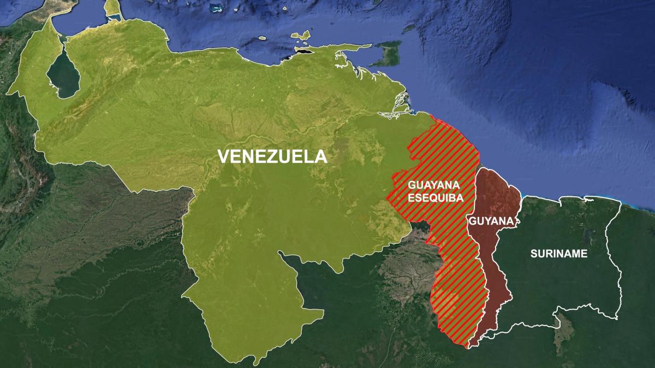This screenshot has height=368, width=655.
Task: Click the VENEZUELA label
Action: pyautogui.click(x=272, y=156)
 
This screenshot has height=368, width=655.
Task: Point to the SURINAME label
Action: pyautogui.click(x=559, y=254)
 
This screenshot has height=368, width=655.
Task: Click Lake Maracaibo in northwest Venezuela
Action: pyautogui.click(x=62, y=76)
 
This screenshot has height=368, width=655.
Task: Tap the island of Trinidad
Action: pyautogui.click(x=389, y=55)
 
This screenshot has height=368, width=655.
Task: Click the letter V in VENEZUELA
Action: pyautogui.click(x=224, y=156)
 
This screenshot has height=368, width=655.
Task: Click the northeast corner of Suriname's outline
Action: pyautogui.click(x=621, y=203)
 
